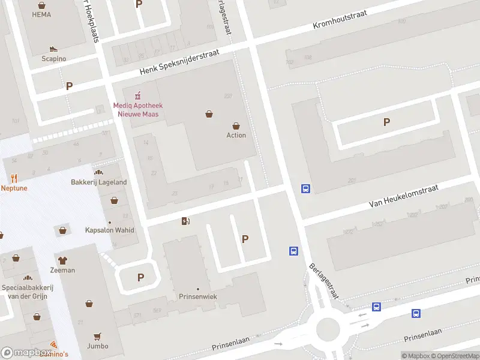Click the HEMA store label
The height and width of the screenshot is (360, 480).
[41, 14]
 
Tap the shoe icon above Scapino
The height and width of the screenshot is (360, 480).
[53, 49]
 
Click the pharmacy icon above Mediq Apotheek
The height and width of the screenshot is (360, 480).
[137, 94]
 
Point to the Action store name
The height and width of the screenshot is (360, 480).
[236, 135]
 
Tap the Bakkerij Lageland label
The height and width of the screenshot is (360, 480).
[99, 182]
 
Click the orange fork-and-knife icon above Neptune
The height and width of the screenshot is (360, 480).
[14, 178]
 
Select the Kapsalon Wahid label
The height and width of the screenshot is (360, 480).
[110, 230]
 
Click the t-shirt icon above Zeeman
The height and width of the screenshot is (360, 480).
[62, 260]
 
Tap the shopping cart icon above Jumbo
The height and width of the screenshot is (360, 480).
[97, 337]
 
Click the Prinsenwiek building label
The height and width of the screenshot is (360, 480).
[198, 296]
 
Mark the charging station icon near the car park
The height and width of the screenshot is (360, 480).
[185, 221]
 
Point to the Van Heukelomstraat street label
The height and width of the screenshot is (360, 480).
[404, 196]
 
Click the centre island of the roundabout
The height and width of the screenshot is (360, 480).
[328, 329]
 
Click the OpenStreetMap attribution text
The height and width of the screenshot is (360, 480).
[458, 356]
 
